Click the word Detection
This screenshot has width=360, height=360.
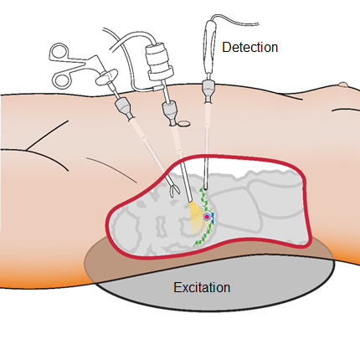pyautogui.click(x=249, y=47)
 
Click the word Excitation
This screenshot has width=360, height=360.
pyautogui.click(x=202, y=287)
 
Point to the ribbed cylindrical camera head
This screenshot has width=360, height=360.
pyautogui.click(x=159, y=61)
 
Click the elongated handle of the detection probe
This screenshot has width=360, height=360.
pyautogui.click(x=210, y=47)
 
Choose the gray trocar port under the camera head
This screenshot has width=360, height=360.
pyautogui.click(x=170, y=113)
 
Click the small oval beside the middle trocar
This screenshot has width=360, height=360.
pyautogui.click(x=184, y=123)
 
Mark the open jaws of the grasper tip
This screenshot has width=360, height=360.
pyautogui.click(x=174, y=191)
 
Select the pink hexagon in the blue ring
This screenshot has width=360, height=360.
pyautogui.click(x=207, y=216)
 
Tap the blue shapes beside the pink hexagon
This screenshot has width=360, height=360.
pyautogui.click(x=213, y=218)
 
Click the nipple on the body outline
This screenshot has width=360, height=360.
pyautogui.click(x=342, y=85)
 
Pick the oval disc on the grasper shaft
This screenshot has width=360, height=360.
pyautogui.click(x=107, y=77)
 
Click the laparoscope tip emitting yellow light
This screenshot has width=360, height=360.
pyautogui.click(x=191, y=200)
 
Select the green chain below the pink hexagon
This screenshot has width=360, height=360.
pyautogui.click(x=203, y=236)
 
